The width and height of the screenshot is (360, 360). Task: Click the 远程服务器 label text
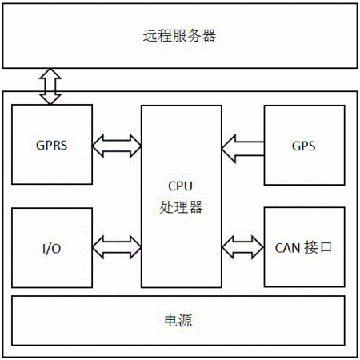179,35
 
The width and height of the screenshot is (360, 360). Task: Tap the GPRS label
51,146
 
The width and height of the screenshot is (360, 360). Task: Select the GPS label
304,146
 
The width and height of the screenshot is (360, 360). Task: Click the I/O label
52,249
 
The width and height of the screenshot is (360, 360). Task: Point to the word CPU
180,186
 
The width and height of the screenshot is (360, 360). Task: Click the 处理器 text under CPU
181,207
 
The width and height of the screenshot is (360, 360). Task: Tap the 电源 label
178,320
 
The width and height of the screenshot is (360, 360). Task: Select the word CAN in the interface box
288,248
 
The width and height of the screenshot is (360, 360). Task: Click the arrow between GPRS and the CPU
117,146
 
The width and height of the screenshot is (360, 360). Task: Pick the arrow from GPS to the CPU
242,149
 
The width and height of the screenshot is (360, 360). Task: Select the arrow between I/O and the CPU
117,247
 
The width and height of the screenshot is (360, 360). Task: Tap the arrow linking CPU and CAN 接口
242,247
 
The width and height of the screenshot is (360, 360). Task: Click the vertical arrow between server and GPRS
50,86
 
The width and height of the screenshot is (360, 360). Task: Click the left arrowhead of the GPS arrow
229,149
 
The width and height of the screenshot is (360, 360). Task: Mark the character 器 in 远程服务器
209,35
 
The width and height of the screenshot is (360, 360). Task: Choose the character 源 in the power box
186,320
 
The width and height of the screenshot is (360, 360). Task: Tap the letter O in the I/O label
56,249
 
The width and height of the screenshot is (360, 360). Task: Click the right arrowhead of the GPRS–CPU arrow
135,146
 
